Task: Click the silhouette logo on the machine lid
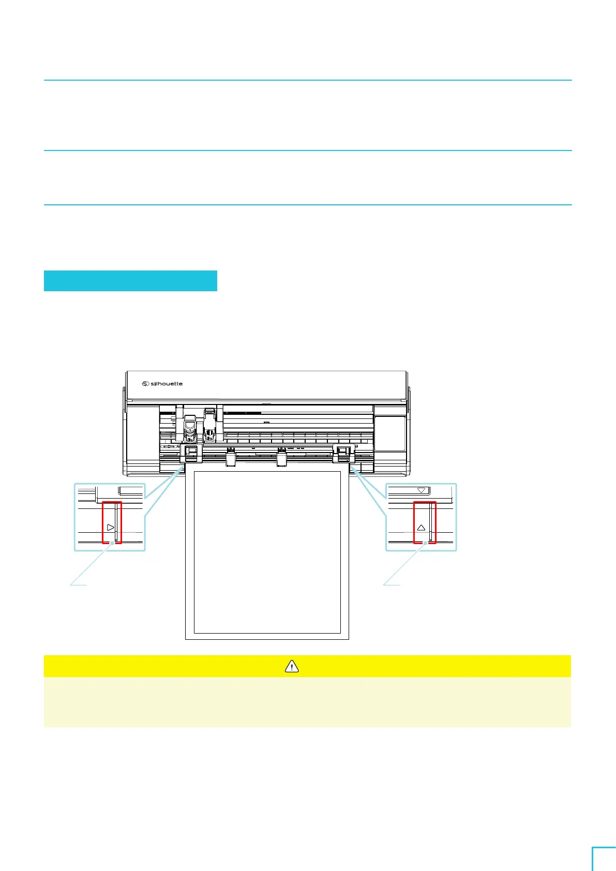tap(162, 384)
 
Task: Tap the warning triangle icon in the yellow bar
tap(292, 666)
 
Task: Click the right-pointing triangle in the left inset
tap(110, 528)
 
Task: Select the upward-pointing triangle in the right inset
tap(421, 528)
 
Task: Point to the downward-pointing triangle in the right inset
tap(422, 490)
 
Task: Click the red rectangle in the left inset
tap(112, 522)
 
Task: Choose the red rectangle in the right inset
tap(425, 522)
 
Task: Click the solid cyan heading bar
tap(130, 280)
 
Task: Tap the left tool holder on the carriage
tap(189, 428)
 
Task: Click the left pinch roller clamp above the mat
tap(191, 454)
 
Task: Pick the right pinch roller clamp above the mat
tap(343, 453)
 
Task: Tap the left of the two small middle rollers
tap(231, 456)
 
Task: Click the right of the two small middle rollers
tap(281, 456)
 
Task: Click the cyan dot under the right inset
tap(426, 543)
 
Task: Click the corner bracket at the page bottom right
tap(603, 859)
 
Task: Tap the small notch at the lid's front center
tap(265, 402)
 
